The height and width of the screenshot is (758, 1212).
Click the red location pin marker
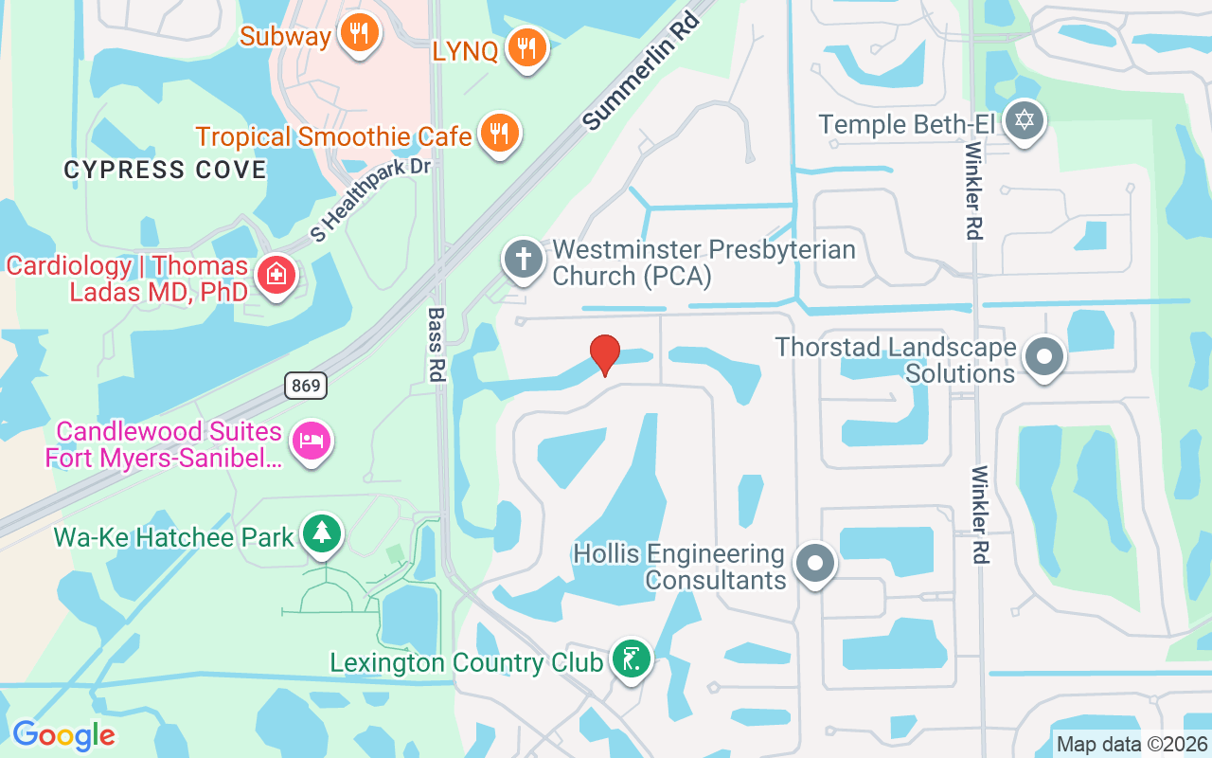pyautogui.click(x=605, y=354)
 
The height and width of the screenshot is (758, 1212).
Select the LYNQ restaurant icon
pyautogui.click(x=526, y=47)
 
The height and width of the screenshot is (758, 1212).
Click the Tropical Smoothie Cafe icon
pyautogui.click(x=497, y=134)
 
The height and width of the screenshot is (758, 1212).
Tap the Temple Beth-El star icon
pyautogui.click(x=1023, y=120)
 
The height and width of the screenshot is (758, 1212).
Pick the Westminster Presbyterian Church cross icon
pyautogui.click(x=525, y=260)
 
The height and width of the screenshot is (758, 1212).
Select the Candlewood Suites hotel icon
pyautogui.click(x=311, y=441)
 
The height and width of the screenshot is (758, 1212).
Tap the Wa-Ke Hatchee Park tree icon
pyautogui.click(x=322, y=532)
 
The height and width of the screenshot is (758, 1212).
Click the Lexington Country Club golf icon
pyautogui.click(x=631, y=658)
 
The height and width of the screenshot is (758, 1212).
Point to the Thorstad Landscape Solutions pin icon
pyautogui.click(x=1044, y=357)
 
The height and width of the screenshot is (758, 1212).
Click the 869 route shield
pyautogui.click(x=306, y=386)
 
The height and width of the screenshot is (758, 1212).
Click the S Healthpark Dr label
pyautogui.click(x=370, y=200)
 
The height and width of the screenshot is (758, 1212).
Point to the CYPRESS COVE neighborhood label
pyautogui.click(x=165, y=171)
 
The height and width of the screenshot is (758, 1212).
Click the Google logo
pyautogui.click(x=63, y=735)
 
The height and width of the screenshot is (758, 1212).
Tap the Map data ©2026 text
pyautogui.click(x=1131, y=745)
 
